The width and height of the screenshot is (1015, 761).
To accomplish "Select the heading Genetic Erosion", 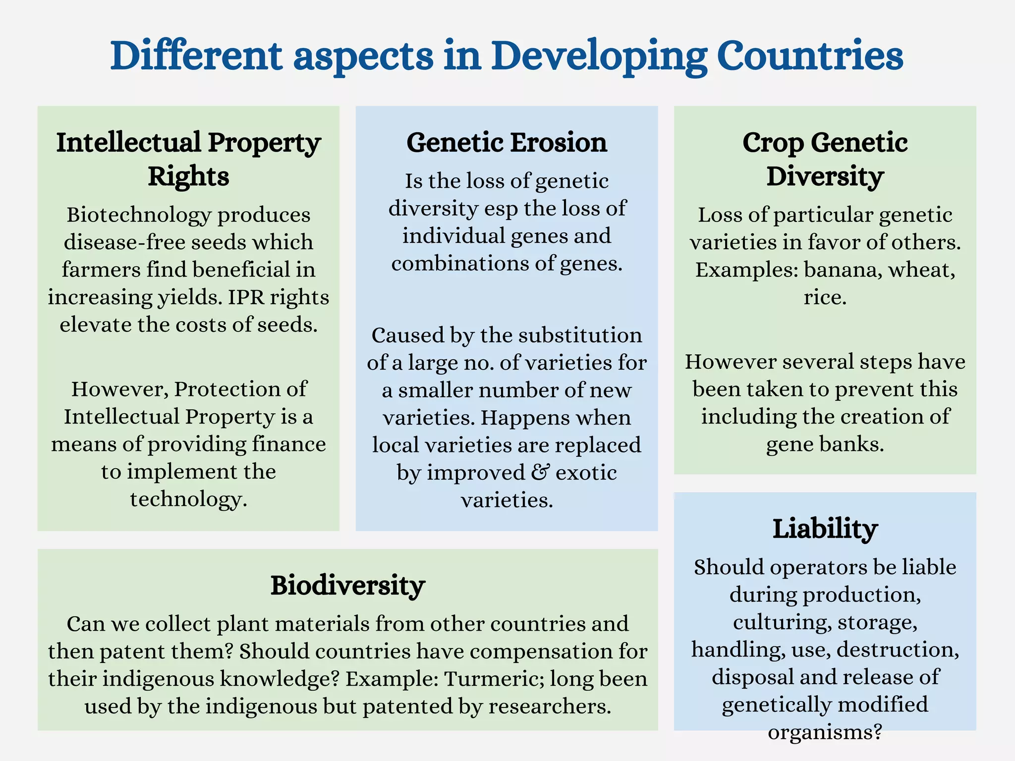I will click(x=507, y=143).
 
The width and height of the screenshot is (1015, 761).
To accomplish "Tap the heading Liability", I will click(x=825, y=529).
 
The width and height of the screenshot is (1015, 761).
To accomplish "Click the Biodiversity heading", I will click(x=347, y=586).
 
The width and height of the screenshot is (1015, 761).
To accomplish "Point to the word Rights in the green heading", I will click(x=188, y=176).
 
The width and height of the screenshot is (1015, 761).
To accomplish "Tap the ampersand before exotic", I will click(x=540, y=472).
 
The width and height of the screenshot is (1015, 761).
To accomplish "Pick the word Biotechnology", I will click(x=139, y=215).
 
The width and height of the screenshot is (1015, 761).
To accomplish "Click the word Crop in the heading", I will click(x=773, y=143).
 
